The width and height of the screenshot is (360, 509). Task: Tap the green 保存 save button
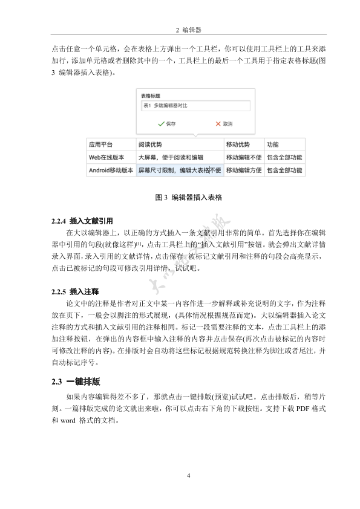[x=166, y=123]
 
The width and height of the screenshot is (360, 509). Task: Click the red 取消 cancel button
[x=224, y=123]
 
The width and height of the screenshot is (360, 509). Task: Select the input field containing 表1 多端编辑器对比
[x=195, y=106]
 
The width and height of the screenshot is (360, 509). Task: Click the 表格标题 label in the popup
[x=151, y=96]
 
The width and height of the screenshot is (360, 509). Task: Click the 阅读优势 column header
[x=150, y=145]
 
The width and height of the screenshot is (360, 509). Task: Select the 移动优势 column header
[x=237, y=145]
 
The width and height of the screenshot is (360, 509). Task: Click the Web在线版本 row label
[x=107, y=157]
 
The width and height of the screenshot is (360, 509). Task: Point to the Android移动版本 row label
[x=111, y=170]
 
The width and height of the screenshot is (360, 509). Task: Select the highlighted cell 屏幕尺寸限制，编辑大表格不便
[x=179, y=170]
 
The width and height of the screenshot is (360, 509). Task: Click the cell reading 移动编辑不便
[x=244, y=157]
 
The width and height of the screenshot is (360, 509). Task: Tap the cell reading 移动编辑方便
[x=244, y=170]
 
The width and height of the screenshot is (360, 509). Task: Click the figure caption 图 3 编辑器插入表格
[x=189, y=198]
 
